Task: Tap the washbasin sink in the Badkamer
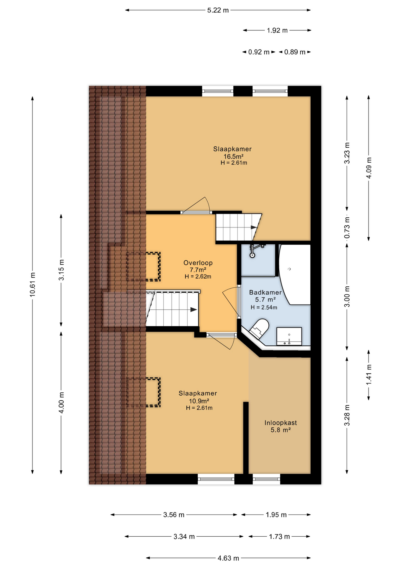pos(289,336)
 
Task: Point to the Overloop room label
pos(198,263)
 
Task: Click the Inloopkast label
pos(281,423)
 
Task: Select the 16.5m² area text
pos(233,156)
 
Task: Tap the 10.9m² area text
pos(199,401)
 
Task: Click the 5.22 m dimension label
pos(218,10)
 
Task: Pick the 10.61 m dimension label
pos(32,285)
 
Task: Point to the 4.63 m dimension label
pos(228,558)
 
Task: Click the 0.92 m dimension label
pos(259,52)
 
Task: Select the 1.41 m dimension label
pos(369,375)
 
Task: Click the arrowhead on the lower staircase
pos(194,310)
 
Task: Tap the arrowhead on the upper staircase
pos(254,227)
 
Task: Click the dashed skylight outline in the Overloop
pos(144,267)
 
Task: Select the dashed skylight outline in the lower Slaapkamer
pos(144,392)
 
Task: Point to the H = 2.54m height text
pos(264,307)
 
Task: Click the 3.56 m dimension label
pos(174,515)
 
